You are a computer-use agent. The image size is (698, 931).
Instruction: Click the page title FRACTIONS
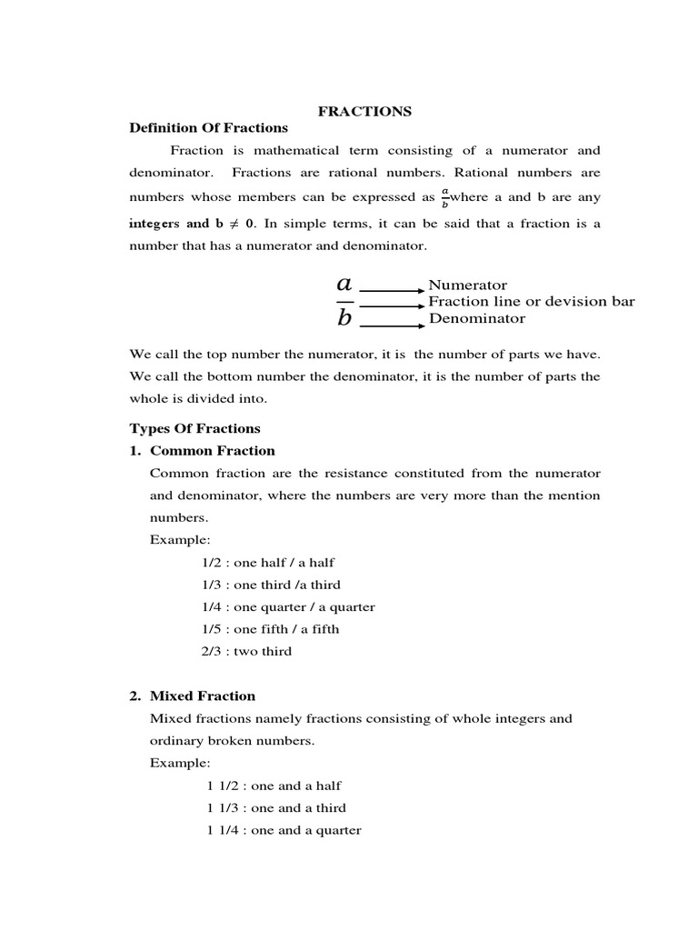pyautogui.click(x=364, y=111)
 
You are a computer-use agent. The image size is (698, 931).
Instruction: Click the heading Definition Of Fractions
pyautogui.click(x=208, y=128)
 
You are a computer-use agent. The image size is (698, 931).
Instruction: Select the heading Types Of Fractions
pyautogui.click(x=194, y=428)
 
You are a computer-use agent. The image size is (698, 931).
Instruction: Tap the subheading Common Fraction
pyautogui.click(x=212, y=450)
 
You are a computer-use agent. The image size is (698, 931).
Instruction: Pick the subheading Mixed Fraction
pyautogui.click(x=203, y=696)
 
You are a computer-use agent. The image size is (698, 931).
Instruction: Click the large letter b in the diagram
pyautogui.click(x=344, y=317)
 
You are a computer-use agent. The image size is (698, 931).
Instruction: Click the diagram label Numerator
pyautogui.click(x=467, y=285)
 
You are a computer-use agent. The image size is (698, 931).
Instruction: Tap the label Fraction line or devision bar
pyautogui.click(x=532, y=302)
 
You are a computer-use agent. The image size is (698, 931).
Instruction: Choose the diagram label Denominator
pyautogui.click(x=476, y=318)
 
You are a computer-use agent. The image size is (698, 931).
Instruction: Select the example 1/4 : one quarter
pyautogui.click(x=288, y=606)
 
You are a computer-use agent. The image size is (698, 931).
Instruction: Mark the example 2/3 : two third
pyautogui.click(x=246, y=651)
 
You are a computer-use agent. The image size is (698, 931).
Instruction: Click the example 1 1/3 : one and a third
pyautogui.click(x=276, y=807)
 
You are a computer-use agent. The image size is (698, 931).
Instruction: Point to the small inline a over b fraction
pyautogui.click(x=445, y=197)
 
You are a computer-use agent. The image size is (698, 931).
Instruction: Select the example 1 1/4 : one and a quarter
pyautogui.click(x=284, y=829)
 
